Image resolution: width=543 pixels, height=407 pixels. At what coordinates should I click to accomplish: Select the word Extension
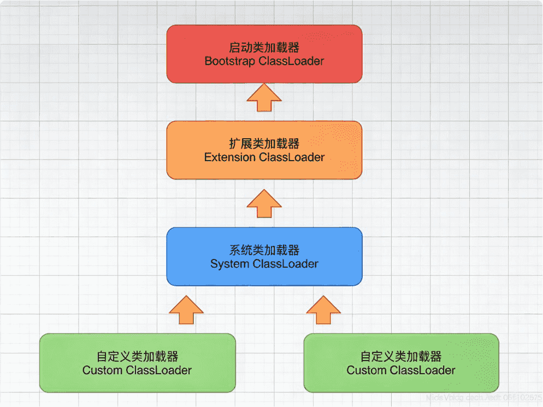point(229,157)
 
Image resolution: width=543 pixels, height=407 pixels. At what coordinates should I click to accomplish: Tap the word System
point(229,264)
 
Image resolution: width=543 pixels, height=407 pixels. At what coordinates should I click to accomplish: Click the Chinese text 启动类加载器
point(264,48)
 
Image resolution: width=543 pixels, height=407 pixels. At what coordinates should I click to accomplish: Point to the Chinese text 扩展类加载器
point(264,144)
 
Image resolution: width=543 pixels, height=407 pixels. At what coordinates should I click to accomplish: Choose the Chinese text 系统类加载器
point(264,251)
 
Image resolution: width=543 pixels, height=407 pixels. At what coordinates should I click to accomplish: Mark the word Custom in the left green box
point(102,370)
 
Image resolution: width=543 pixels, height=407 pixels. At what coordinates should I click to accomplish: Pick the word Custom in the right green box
point(366,370)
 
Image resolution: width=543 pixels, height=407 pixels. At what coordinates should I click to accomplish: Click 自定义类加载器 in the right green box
point(401,357)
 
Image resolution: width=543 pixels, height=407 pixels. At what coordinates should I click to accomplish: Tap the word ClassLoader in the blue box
point(285,264)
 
